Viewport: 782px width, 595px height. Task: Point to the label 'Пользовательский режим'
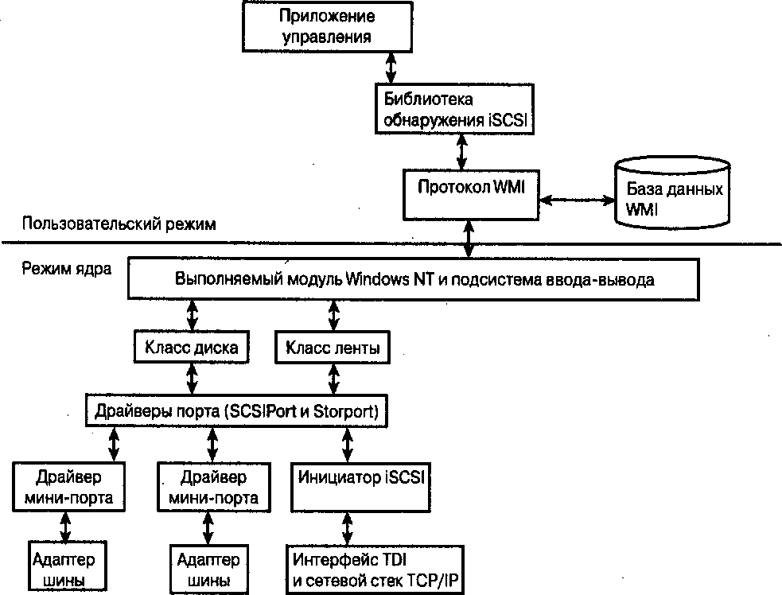pos(119,224)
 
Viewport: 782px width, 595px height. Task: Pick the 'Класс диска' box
pos(192,347)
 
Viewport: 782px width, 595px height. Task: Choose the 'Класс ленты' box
pos(332,347)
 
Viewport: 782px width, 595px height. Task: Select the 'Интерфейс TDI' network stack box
pos(373,568)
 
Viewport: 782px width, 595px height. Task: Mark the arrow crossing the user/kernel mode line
pos(469,240)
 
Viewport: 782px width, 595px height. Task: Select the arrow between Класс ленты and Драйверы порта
pos(331,380)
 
